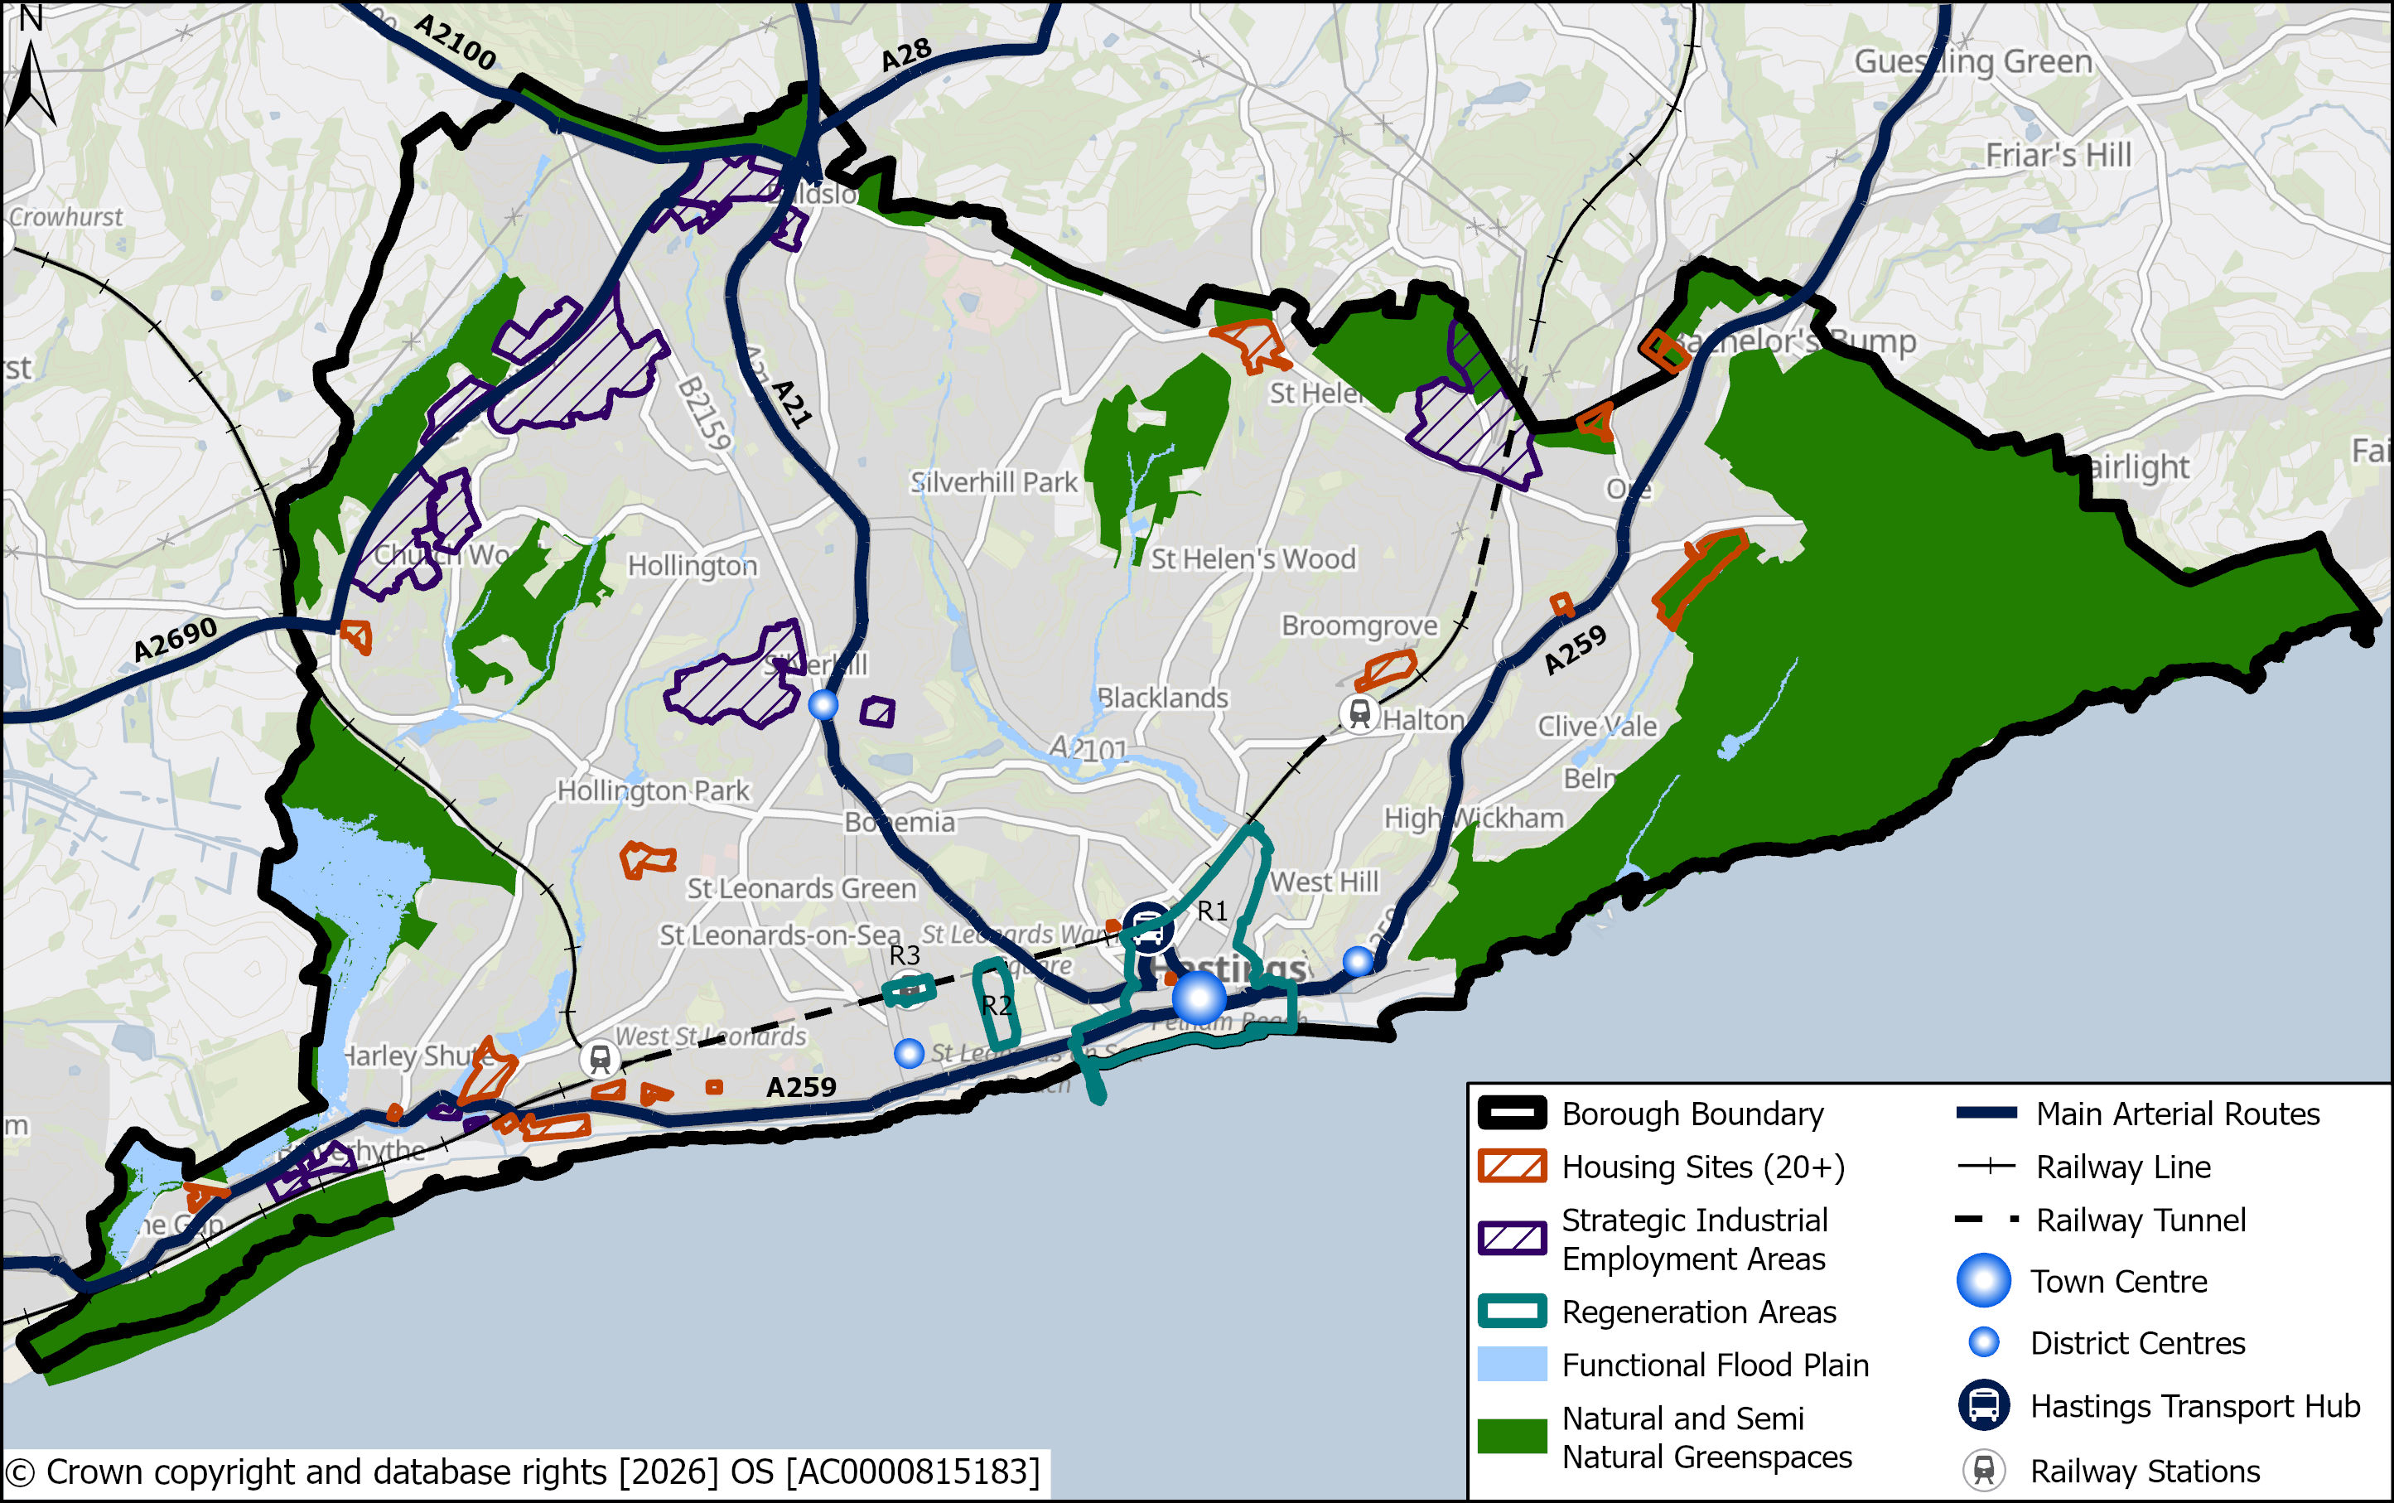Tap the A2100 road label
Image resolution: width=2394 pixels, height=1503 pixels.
pyautogui.click(x=454, y=41)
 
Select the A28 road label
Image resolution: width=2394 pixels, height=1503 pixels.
pyautogui.click(x=905, y=55)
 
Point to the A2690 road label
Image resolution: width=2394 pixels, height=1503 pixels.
pyautogui.click(x=175, y=638)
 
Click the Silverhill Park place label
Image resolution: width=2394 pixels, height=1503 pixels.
pyautogui.click(x=992, y=482)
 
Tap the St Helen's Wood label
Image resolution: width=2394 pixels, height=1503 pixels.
pyautogui.click(x=1253, y=558)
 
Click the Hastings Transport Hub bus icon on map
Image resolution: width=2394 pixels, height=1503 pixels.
pyautogui.click(x=1148, y=927)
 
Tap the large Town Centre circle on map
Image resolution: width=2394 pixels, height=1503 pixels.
pyautogui.click(x=1199, y=997)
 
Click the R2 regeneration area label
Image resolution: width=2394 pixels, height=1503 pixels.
pyautogui.click(x=996, y=1005)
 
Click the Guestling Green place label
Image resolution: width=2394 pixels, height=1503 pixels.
pyautogui.click(x=1972, y=61)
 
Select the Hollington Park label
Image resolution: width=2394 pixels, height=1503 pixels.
pyautogui.click(x=653, y=790)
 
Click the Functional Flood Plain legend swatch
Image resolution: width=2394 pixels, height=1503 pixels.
pyautogui.click(x=1512, y=1364)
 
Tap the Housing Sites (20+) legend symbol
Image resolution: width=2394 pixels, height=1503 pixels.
pyautogui.click(x=1512, y=1166)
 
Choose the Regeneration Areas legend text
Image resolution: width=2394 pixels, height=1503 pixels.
pyautogui.click(x=1697, y=1312)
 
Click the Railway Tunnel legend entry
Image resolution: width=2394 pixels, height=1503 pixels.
pyautogui.click(x=2140, y=1220)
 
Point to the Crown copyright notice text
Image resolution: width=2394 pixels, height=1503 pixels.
pyautogui.click(x=523, y=1472)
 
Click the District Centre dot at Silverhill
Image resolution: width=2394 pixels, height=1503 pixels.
pyautogui.click(x=823, y=705)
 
